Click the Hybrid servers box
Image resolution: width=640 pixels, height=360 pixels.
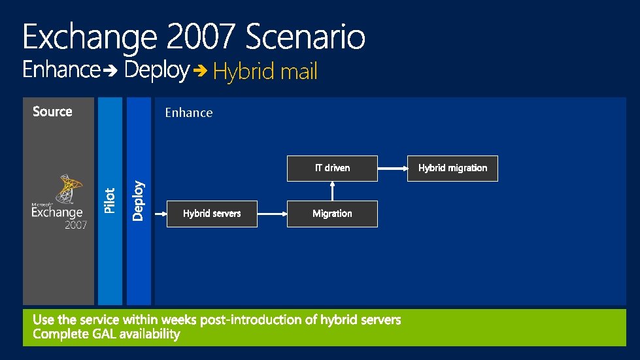point(212,214)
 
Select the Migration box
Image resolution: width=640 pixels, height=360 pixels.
point(332,214)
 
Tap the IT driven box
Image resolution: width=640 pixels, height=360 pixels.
point(332,168)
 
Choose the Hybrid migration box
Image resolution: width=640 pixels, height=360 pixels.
point(452,168)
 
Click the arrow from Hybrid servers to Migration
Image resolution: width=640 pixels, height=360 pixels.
point(272,214)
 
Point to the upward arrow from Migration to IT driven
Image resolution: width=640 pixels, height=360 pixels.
point(332,191)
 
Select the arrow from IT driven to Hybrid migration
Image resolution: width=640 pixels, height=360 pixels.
point(392,168)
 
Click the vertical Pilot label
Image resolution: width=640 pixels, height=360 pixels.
point(110,200)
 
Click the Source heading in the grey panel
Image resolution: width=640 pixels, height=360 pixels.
point(52,112)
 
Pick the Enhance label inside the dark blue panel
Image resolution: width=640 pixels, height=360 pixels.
point(188,113)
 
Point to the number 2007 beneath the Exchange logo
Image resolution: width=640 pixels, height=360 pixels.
point(75,225)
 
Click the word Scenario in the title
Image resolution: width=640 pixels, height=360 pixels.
point(305,38)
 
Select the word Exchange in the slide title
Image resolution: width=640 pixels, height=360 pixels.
point(90,38)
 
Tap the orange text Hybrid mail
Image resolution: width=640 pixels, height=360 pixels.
point(265,71)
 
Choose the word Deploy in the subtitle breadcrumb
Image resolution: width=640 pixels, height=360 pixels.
point(157,70)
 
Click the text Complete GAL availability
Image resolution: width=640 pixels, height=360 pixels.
point(106,335)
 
